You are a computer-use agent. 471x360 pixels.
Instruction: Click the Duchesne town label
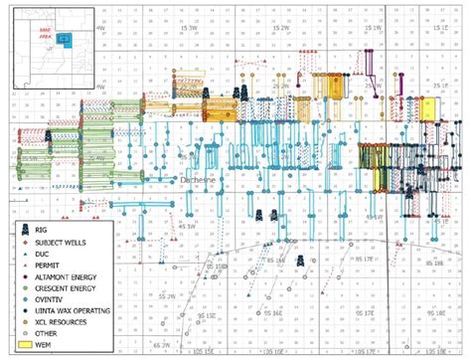(x=197, y=179)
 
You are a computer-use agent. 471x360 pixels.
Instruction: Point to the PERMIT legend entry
(x=48, y=267)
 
